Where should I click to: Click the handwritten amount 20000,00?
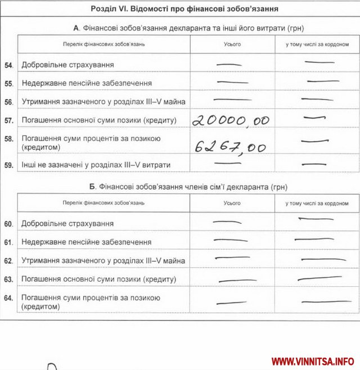(x=231, y=120)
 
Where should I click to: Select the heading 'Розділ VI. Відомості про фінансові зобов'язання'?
(x=184, y=9)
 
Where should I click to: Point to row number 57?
(x=8, y=120)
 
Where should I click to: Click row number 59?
(x=8, y=165)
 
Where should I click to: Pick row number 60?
(x=8, y=224)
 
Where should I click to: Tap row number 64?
(x=8, y=297)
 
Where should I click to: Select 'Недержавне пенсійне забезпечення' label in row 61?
(x=86, y=242)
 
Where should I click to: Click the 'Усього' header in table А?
(x=232, y=44)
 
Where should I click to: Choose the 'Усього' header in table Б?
(x=232, y=203)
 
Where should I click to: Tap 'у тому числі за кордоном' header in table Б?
(x=316, y=203)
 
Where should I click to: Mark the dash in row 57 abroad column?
(x=311, y=118)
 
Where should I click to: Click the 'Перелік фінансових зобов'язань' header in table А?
(x=103, y=44)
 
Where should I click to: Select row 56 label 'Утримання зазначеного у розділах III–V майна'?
(x=103, y=102)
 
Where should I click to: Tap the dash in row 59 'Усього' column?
(x=228, y=163)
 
